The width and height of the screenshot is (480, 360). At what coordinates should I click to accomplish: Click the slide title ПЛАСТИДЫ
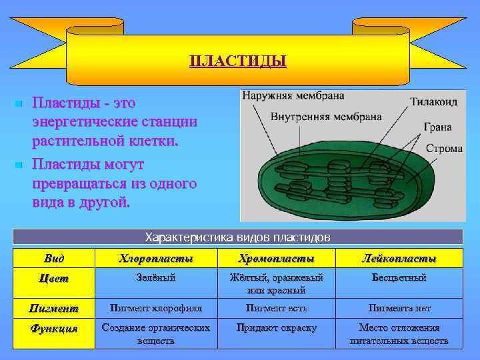[x=238, y=62]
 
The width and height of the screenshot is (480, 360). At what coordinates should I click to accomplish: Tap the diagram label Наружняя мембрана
[x=293, y=95]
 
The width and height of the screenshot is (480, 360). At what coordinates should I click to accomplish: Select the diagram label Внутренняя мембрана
[x=326, y=116]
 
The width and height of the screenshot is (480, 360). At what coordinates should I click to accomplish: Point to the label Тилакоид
[x=433, y=103]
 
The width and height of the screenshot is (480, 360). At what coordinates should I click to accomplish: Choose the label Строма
[x=443, y=148]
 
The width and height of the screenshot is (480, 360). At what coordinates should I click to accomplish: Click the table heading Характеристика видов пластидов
[x=238, y=237]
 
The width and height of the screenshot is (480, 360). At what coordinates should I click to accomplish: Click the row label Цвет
[x=55, y=279]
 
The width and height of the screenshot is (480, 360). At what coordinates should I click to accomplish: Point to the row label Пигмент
[x=55, y=309]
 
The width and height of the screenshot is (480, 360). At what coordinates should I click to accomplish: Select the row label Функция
[x=55, y=329]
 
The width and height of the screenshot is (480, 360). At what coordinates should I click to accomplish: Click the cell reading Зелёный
[x=156, y=278]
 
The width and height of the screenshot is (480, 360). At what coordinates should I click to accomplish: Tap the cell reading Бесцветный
[x=399, y=278]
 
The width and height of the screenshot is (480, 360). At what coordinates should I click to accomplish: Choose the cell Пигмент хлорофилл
[x=156, y=308]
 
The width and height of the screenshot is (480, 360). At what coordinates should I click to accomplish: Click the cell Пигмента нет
[x=399, y=308]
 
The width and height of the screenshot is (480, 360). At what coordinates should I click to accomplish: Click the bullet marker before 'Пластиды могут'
[x=19, y=164]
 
